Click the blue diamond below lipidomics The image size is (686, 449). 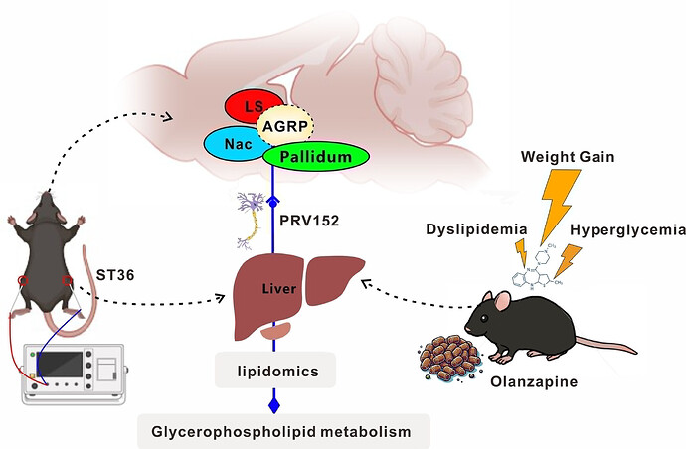pos(276,404)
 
